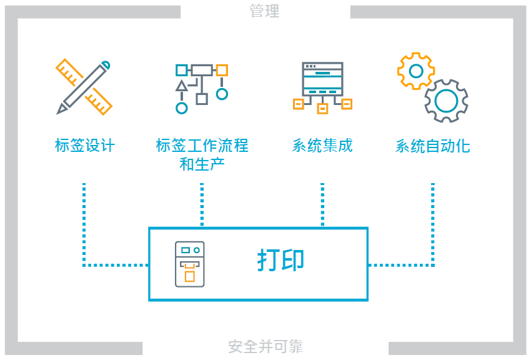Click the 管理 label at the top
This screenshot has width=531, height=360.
click(264, 11)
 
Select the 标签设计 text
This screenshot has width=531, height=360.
click(85, 146)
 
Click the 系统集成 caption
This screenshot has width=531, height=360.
click(322, 146)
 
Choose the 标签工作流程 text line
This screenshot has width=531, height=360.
click(202, 146)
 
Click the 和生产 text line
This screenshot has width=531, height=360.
click(202, 164)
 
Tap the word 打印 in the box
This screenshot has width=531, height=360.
click(280, 261)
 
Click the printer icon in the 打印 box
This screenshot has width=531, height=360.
click(189, 264)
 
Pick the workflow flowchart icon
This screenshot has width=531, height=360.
click(201, 87)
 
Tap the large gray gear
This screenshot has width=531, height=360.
click(446, 100)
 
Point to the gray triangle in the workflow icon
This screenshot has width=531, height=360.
click(182, 86)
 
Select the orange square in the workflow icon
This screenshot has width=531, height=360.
click(222, 70)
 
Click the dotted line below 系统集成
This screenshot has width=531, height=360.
click(322, 204)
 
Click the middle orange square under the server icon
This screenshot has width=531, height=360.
click(322, 109)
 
